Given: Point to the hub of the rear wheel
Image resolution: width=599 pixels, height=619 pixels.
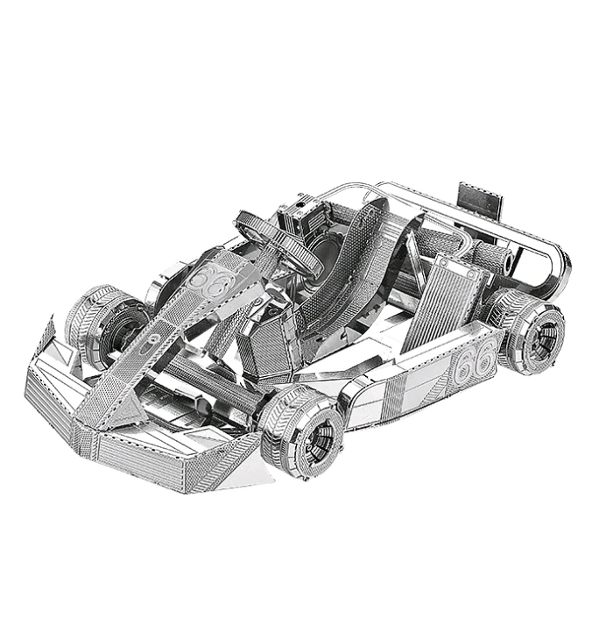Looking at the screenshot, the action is [x=544, y=338].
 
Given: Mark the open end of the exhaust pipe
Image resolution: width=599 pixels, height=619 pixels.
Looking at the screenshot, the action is [x=509, y=261].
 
